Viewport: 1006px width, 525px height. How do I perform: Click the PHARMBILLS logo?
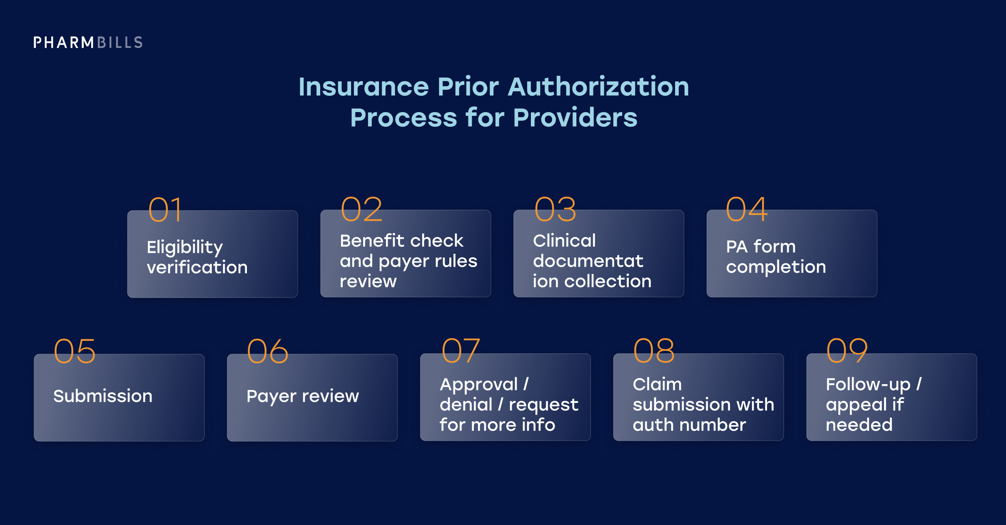tap(88, 42)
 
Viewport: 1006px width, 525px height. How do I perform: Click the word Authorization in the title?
tap(598, 87)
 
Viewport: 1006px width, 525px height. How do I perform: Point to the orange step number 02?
tap(361, 210)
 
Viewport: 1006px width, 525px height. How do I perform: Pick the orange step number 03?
tap(555, 210)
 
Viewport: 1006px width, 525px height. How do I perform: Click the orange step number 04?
tap(747, 210)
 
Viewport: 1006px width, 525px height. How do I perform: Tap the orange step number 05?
tap(75, 351)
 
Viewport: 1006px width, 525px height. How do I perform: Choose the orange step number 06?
tap(268, 351)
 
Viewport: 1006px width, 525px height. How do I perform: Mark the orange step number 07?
tap(461, 351)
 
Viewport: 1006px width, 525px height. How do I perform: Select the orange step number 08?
tap(654, 351)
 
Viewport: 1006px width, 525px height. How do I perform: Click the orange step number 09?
tap(847, 351)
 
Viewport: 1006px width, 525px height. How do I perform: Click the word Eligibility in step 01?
tap(185, 247)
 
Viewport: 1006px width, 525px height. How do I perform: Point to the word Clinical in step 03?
tap(564, 241)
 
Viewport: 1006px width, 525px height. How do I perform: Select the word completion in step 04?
tap(776, 267)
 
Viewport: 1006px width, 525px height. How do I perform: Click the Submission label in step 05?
tap(103, 396)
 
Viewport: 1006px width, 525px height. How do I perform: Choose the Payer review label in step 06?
tap(303, 396)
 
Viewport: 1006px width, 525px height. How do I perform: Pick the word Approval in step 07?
tap(479, 385)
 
